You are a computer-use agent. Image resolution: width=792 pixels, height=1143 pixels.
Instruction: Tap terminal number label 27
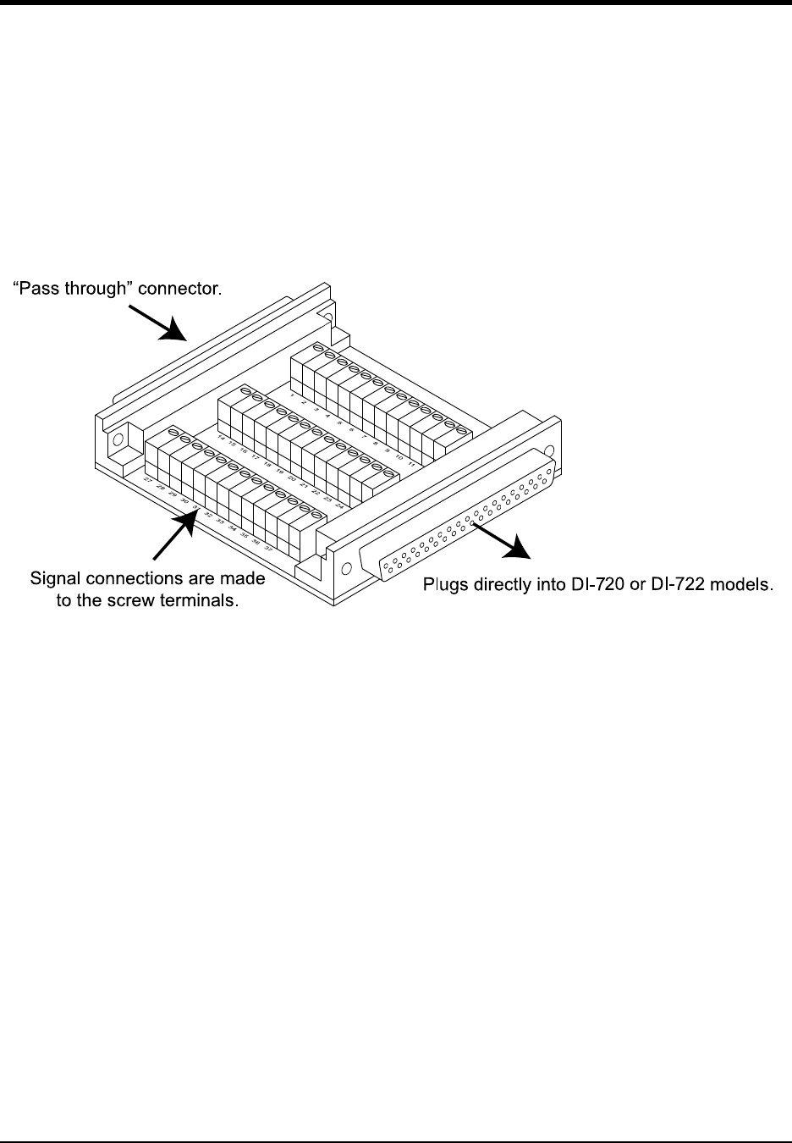(x=148, y=480)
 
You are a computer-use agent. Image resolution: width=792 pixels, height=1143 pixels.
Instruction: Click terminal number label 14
(x=221, y=437)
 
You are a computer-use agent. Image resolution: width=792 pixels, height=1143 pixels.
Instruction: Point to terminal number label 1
(x=292, y=395)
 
